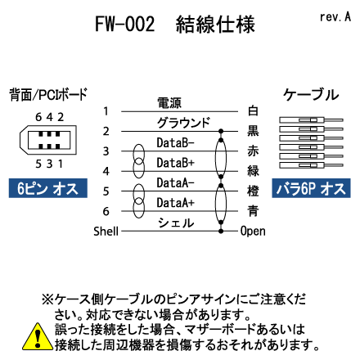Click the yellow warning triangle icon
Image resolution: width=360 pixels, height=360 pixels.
point(38,336)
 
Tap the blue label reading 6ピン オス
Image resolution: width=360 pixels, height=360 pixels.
point(48,188)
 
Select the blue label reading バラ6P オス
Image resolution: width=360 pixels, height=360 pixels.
point(311,188)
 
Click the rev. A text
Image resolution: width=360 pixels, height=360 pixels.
point(335,17)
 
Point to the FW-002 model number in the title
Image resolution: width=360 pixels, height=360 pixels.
point(124,24)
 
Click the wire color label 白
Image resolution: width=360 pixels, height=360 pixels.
point(253,110)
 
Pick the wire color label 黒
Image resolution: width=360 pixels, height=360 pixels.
point(253,131)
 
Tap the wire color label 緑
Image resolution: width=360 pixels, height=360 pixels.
point(253,171)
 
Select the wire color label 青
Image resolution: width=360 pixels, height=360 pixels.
point(253,211)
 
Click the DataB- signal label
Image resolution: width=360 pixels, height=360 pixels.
point(175,142)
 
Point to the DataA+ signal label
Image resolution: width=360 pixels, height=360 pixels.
point(175,203)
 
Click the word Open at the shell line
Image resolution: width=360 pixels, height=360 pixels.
point(253,232)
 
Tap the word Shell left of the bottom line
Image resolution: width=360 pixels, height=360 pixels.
point(106,232)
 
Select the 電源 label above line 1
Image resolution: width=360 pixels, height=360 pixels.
point(169,103)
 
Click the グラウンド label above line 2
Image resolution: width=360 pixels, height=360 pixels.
point(183,123)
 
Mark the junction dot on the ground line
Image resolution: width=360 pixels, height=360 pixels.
point(221,131)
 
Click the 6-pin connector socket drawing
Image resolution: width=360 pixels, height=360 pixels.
point(48,140)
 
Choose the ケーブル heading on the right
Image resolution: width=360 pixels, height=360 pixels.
point(311,95)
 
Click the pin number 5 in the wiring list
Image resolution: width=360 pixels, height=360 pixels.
point(106,191)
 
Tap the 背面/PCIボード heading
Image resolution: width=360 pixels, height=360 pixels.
point(48,95)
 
